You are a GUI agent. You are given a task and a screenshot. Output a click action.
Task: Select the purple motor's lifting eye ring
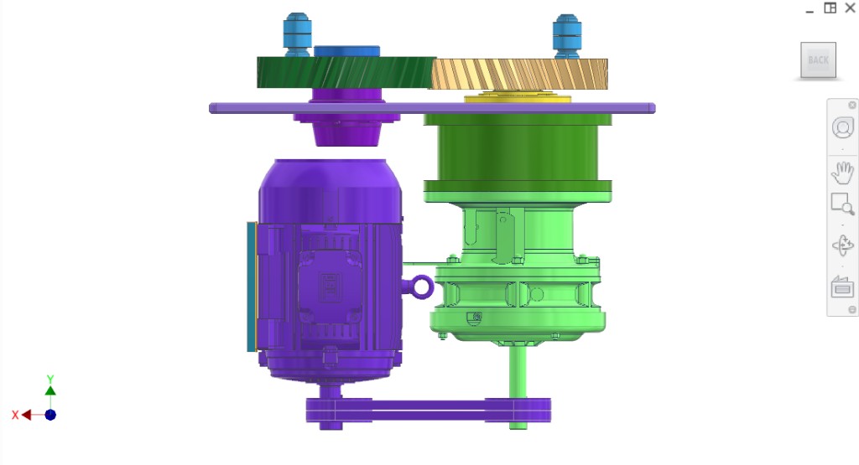(421, 287)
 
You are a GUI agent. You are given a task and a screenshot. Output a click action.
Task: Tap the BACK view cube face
(818, 59)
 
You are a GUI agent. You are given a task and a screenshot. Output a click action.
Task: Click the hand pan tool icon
(842, 173)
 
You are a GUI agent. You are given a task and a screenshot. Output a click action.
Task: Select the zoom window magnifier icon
(842, 204)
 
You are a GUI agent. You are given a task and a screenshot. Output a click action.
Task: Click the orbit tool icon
(842, 245)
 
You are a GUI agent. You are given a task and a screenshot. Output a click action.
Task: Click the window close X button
(850, 8)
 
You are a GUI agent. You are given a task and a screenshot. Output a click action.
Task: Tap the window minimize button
(810, 9)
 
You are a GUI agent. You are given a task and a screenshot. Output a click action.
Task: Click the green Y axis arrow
(50, 389)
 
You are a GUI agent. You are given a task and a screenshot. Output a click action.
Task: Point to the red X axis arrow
(26, 415)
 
